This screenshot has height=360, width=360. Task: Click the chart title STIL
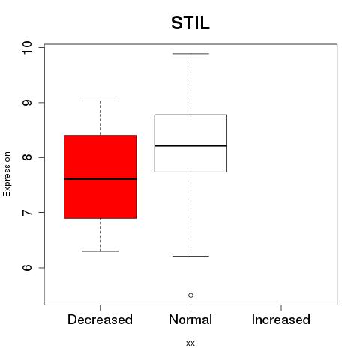pyautogui.click(x=190, y=23)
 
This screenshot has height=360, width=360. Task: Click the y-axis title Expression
pyautogui.click(x=7, y=174)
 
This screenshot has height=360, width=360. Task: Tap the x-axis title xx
pyautogui.click(x=190, y=343)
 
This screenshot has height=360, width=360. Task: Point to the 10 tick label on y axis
pyautogui.click(x=27, y=47)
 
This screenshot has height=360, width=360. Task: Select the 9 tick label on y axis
pyautogui.click(x=27, y=103)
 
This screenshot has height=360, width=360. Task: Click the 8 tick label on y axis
pyautogui.click(x=27, y=157)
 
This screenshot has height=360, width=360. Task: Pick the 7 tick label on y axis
pyautogui.click(x=27, y=212)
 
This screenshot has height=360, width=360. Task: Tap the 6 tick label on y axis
pyautogui.click(x=27, y=268)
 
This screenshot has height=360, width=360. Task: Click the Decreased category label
pyautogui.click(x=100, y=319)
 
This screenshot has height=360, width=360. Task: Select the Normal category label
pyautogui.click(x=190, y=319)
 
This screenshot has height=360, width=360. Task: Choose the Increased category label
pyautogui.click(x=281, y=319)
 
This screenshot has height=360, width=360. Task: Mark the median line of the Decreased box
pyautogui.click(x=100, y=179)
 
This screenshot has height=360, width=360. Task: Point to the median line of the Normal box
pyautogui.click(x=190, y=145)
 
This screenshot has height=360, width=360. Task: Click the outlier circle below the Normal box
pyautogui.click(x=190, y=295)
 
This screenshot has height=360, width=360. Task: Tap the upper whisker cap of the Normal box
pyautogui.click(x=190, y=54)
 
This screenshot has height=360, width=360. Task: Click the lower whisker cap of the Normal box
pyautogui.click(x=190, y=256)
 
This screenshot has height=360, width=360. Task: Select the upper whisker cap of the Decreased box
pyautogui.click(x=100, y=100)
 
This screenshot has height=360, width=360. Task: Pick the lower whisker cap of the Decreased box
pyautogui.click(x=100, y=251)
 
